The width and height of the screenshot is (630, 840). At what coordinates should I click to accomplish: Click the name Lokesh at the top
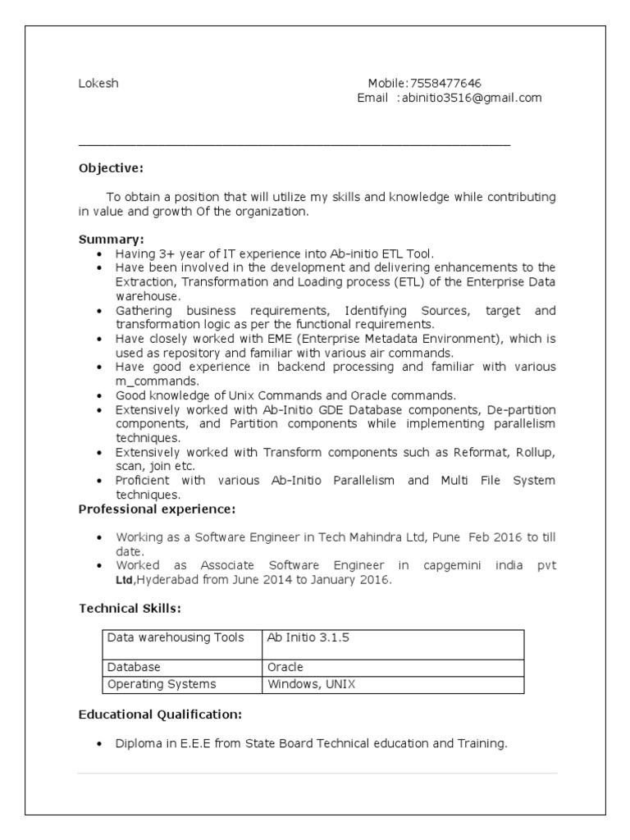point(98,83)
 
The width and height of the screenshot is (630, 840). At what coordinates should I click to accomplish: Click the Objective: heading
point(111,168)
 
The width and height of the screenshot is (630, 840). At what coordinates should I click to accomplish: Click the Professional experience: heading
point(157,509)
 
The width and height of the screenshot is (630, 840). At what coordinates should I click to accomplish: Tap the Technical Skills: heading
point(130,608)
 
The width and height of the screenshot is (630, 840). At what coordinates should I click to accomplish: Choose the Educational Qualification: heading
point(160,714)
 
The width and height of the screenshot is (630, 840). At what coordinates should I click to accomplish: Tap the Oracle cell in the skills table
point(285,667)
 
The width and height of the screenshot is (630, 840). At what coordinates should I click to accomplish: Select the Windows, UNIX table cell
point(312,684)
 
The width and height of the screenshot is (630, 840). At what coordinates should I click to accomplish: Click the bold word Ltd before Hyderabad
point(124,581)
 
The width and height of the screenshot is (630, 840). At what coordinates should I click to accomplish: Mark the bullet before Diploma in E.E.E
point(98,744)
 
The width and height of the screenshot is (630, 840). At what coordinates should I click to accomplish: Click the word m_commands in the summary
point(157,381)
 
